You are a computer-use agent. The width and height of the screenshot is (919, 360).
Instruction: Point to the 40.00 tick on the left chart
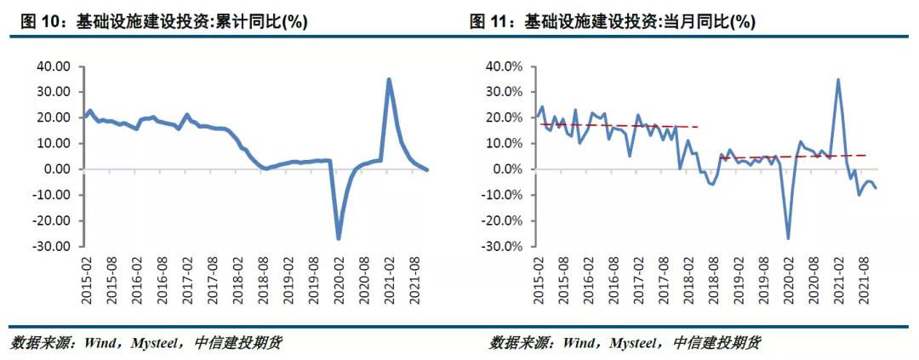click(53, 66)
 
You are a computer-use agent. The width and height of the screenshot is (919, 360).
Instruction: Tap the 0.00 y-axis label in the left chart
click(58, 169)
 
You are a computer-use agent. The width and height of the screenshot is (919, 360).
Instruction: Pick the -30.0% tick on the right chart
click(503, 247)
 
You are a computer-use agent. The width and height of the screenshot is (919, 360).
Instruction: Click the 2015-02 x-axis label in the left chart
click(87, 280)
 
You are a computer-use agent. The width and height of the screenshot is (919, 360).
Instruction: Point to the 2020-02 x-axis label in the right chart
click(787, 280)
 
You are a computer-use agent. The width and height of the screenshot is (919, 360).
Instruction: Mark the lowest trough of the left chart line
click(338, 238)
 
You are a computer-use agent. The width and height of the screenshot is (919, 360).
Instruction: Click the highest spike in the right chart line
click(838, 80)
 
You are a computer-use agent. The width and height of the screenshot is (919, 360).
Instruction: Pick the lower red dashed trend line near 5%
click(791, 157)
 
